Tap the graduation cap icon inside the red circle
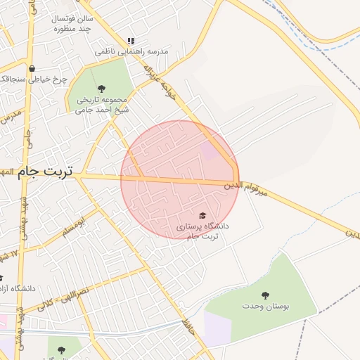coord(203,215)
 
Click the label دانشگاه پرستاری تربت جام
coord(202,231)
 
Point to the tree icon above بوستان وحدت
coord(265,295)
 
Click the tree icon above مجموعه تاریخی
coord(102,89)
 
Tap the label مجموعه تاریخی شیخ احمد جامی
coord(102,105)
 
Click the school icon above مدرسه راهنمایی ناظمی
coord(130,41)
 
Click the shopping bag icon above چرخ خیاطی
coord(32,68)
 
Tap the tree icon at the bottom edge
coord(60,349)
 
